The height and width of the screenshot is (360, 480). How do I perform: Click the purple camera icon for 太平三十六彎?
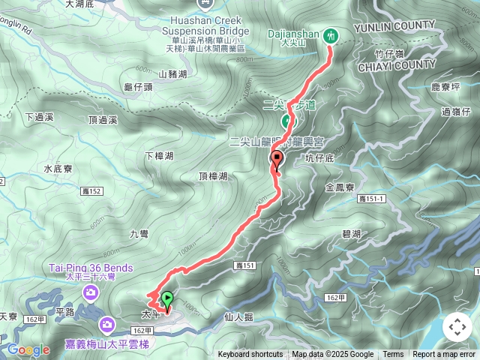pyautogui.click(x=91, y=292)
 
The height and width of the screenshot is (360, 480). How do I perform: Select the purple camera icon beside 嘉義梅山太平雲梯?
pyautogui.click(x=107, y=324)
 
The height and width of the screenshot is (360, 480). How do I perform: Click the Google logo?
pyautogui.click(x=28, y=349)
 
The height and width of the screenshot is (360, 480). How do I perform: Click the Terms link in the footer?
pyautogui.click(x=393, y=355)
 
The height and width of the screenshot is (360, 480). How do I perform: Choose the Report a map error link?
pyautogui.click(x=444, y=355)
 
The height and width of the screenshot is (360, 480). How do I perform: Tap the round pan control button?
pyautogui.click(x=457, y=327)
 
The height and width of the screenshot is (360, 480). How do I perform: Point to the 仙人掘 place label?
pyautogui.click(x=238, y=317)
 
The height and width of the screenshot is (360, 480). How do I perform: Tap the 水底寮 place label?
pyautogui.click(x=58, y=169)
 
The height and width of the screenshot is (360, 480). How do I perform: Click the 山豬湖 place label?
pyautogui.click(x=173, y=73)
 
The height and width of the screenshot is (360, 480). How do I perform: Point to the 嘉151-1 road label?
pyautogui.click(x=371, y=198)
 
